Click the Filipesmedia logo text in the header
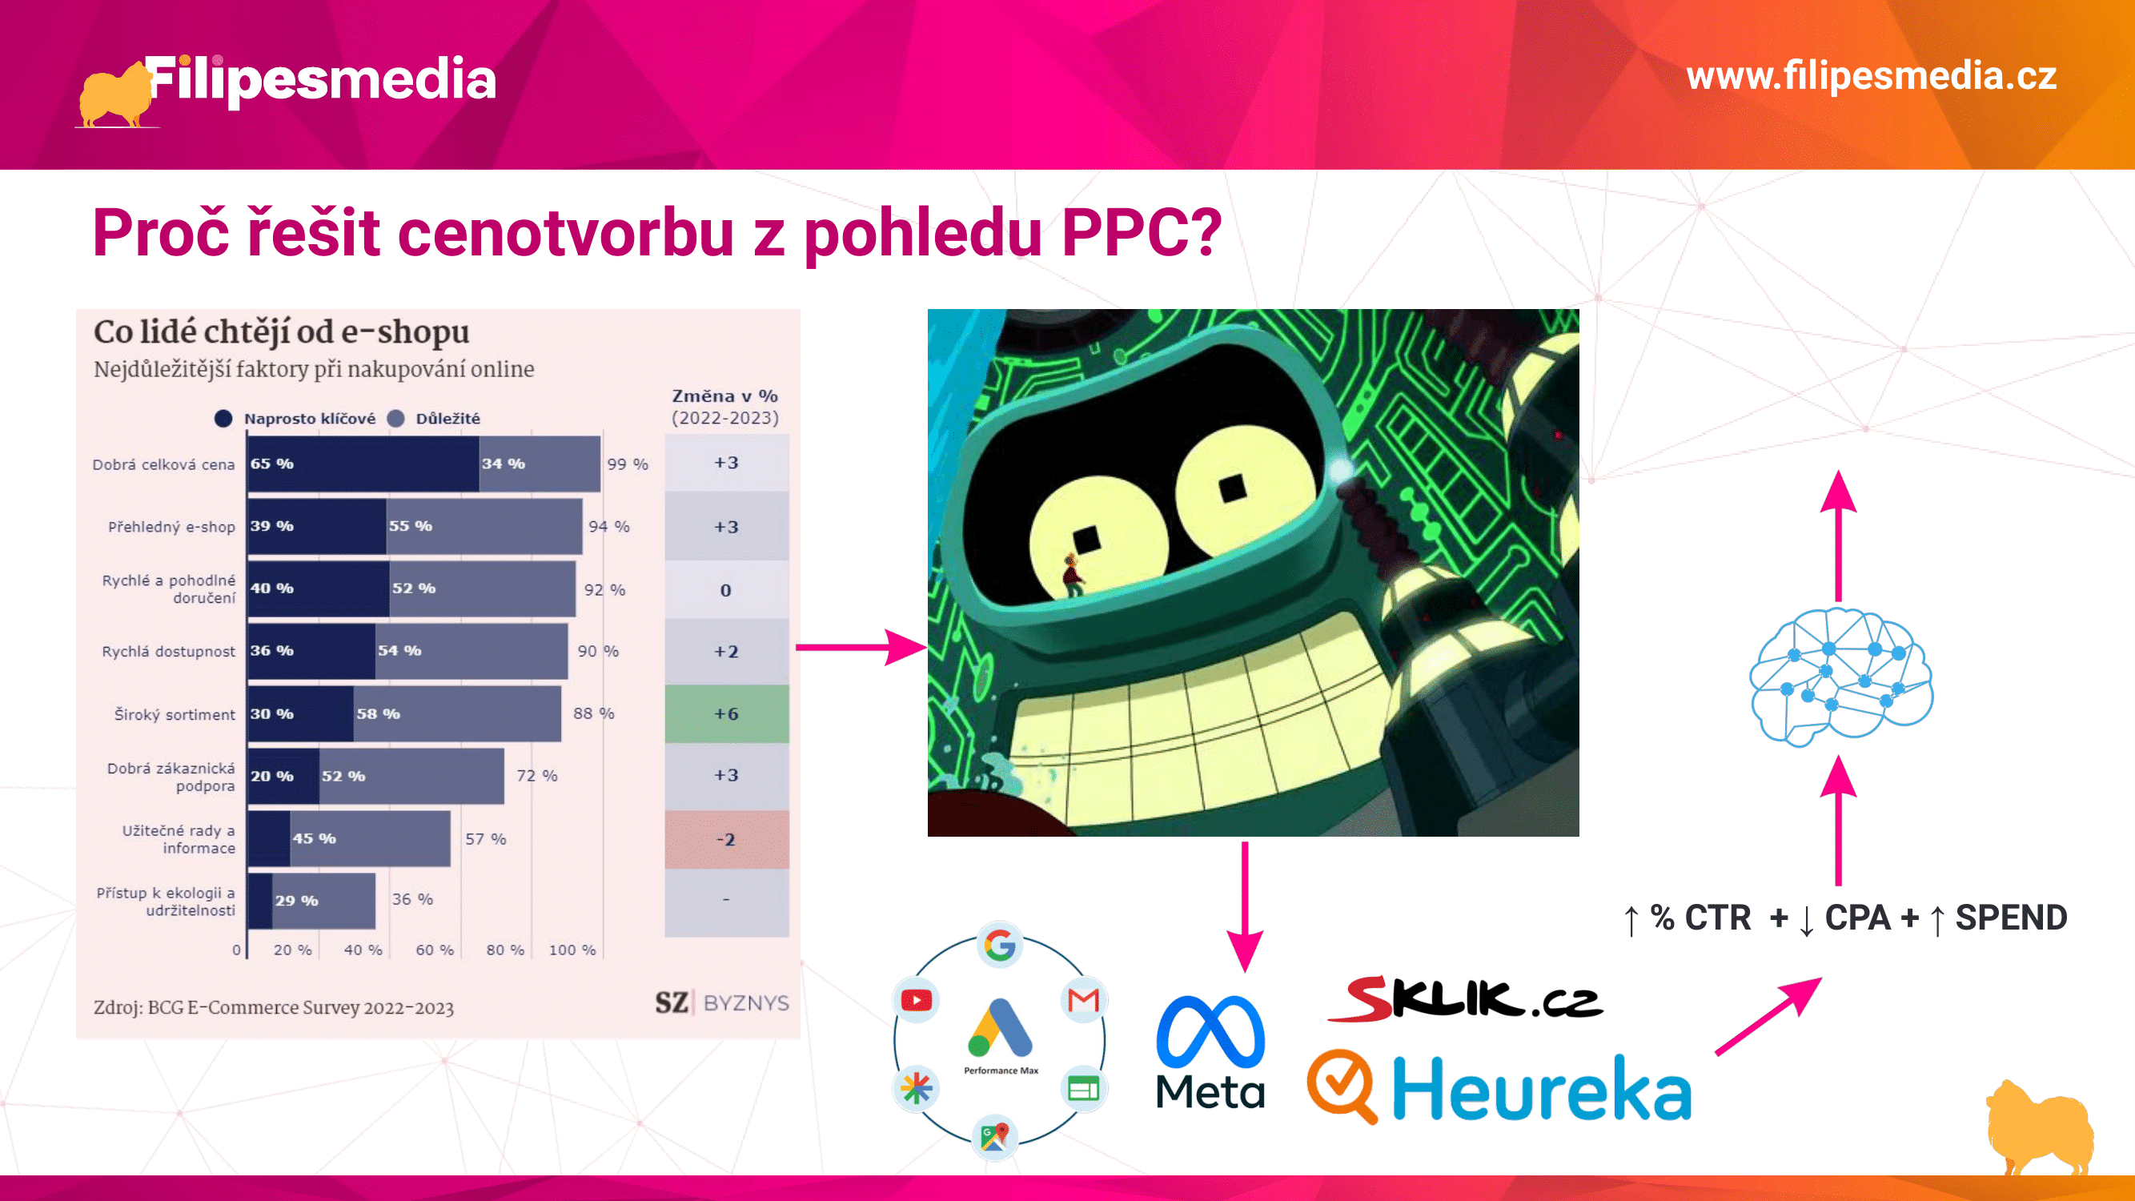coord(322,80)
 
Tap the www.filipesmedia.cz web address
coord(1872,76)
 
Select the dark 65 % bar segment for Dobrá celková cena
coord(364,464)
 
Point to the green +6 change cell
coord(727,713)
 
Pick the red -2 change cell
coord(727,840)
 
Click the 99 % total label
coord(628,464)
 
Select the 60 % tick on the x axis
coord(435,950)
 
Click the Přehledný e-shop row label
coord(171,527)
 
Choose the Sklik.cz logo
coord(1465,998)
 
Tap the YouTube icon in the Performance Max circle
coord(916,1000)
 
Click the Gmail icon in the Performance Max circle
coord(1083,1000)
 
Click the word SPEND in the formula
coord(2012,918)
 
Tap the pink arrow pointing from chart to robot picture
coord(861,646)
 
